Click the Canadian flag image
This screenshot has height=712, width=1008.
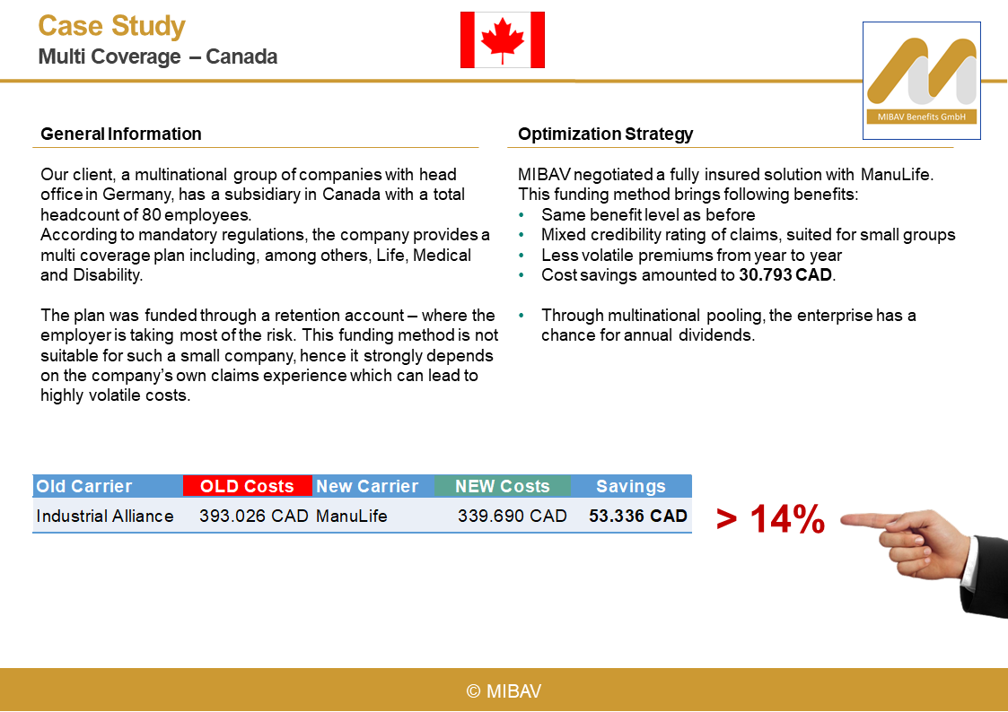pos(503,40)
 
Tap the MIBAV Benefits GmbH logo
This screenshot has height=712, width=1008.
pos(921,81)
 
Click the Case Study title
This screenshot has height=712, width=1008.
pos(112,26)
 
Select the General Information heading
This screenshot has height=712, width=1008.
pos(121,135)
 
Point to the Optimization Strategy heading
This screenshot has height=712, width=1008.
pos(606,135)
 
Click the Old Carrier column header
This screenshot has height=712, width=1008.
pos(84,486)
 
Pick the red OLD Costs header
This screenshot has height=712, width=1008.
pos(247,486)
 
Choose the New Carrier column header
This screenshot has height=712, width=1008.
pos(367,486)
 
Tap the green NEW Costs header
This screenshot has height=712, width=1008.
pos(502,486)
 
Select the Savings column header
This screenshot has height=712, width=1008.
pos(631,486)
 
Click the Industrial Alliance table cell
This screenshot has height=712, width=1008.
pos(105,516)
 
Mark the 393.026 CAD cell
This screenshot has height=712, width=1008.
pos(254,516)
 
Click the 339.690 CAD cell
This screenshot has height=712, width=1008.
pos(513,516)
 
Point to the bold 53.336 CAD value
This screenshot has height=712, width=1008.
pos(638,516)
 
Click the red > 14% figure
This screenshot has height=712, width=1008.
pos(771,519)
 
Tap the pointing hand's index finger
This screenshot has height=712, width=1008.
pos(866,518)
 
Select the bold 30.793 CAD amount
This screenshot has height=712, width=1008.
pos(786,275)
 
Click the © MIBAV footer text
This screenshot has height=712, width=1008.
pos(504,690)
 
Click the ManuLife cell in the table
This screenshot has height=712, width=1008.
pos(352,516)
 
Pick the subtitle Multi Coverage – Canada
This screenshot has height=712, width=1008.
pos(158,56)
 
